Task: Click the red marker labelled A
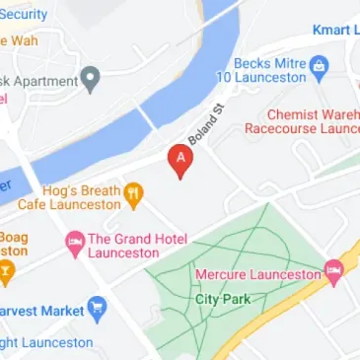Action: coord(180,160)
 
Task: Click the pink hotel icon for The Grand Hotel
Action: coord(74,242)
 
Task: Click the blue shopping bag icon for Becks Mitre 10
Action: coord(319,68)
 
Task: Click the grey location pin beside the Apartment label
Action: coord(91,77)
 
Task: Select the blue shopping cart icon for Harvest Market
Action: coord(97,312)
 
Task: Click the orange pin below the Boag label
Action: coord(6,273)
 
